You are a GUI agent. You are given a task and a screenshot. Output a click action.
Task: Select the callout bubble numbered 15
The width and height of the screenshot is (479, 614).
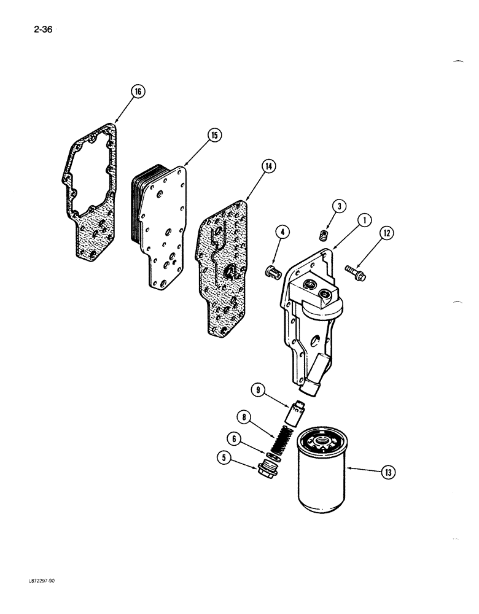[213, 136]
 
